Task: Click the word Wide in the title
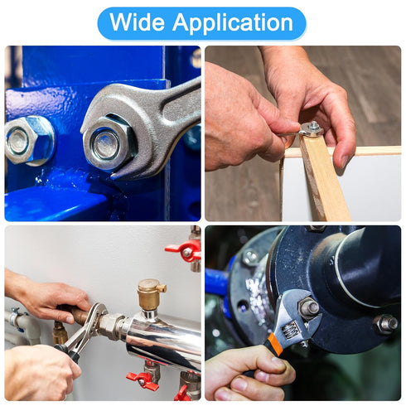coord(137,22)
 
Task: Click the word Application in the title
coord(233,23)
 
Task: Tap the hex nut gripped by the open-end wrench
coord(109,143)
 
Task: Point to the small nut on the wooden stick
coord(313,128)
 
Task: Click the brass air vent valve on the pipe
coord(151,295)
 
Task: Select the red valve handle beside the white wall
coord(185,249)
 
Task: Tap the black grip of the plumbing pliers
coord(69,353)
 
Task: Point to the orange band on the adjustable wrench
coord(274,344)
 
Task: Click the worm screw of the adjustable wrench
coord(291,330)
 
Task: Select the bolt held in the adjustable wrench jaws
coord(308,307)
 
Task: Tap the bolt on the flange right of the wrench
coord(385,324)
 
